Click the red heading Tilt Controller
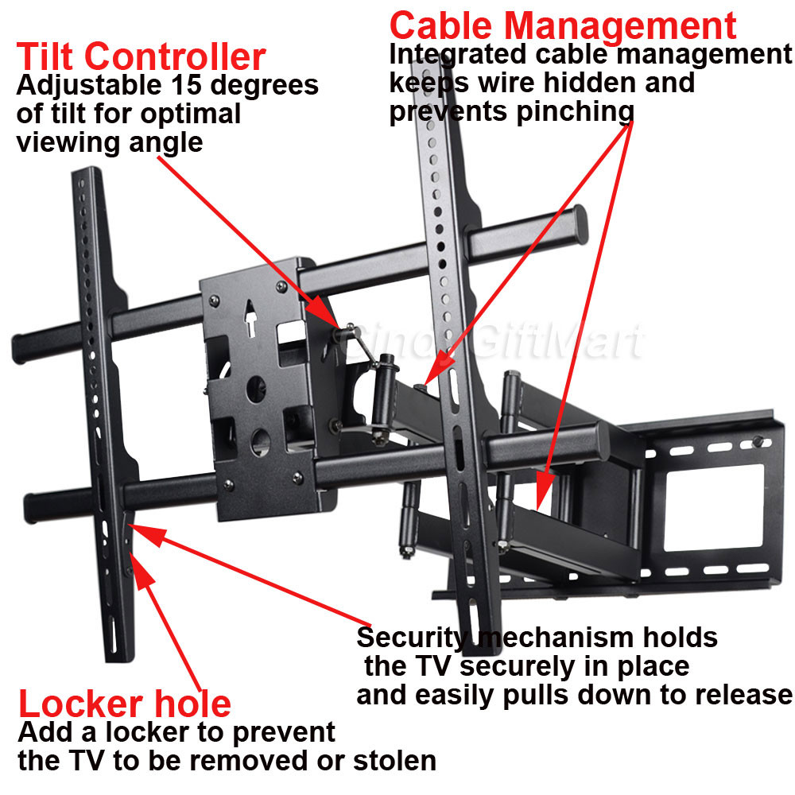point(141,57)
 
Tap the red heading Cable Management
point(563,25)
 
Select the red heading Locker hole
point(125,704)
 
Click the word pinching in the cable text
point(575,112)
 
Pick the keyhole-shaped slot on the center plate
point(250,320)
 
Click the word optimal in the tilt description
point(189,114)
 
